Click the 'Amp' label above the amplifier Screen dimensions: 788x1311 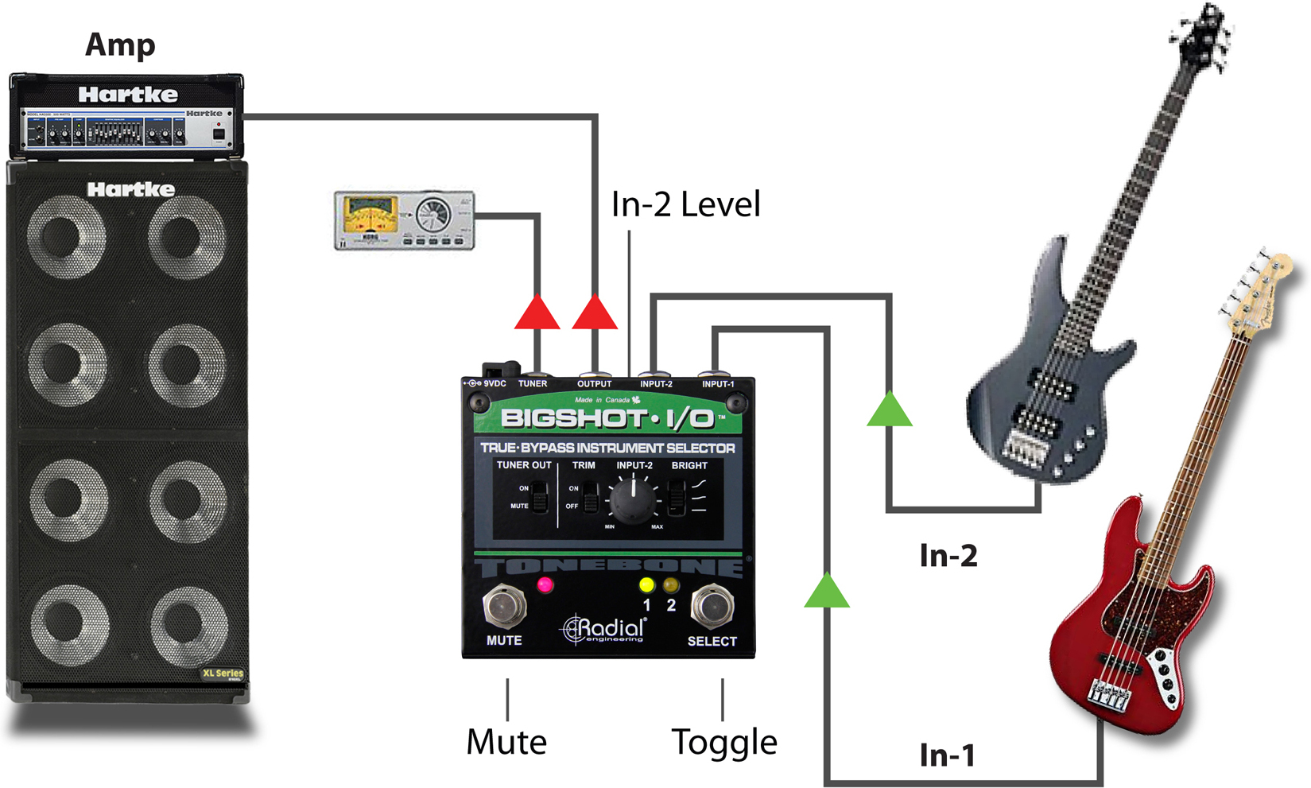[x=120, y=45]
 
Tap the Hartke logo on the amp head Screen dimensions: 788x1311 [x=128, y=95]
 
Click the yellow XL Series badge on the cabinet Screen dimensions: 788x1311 [x=223, y=673]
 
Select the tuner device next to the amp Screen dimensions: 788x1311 [x=405, y=220]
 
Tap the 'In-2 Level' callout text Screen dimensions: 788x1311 [x=685, y=204]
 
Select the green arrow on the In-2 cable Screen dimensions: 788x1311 [x=890, y=409]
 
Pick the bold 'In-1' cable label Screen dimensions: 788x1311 [x=947, y=755]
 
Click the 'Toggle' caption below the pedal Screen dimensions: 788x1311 [x=724, y=742]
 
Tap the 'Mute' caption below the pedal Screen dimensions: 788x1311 [x=506, y=742]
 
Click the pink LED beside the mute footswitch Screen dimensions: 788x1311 [x=545, y=586]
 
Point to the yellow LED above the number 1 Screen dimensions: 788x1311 [x=646, y=586]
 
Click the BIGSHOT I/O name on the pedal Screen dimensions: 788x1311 [x=607, y=418]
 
